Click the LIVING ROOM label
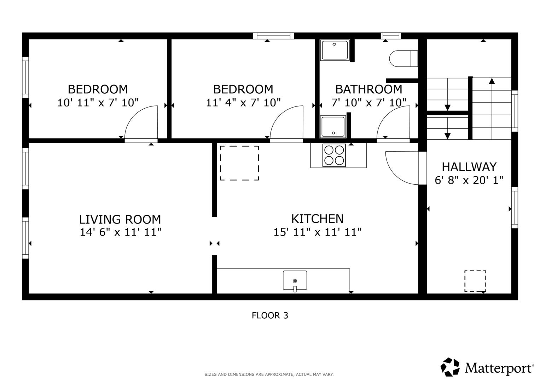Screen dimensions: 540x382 pyautogui.click(x=120, y=219)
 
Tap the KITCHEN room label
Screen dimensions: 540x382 pyautogui.click(x=317, y=219)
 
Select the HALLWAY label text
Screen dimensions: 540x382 pyautogui.click(x=469, y=167)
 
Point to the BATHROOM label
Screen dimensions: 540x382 pyautogui.click(x=368, y=89)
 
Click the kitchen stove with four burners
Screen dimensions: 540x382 pyautogui.click(x=334, y=155)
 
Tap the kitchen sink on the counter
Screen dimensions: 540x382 pyautogui.click(x=295, y=280)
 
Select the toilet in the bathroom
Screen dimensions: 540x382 pyautogui.click(x=403, y=59)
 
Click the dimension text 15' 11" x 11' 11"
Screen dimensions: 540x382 pyautogui.click(x=317, y=232)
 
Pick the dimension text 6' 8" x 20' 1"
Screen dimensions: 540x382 pyautogui.click(x=469, y=180)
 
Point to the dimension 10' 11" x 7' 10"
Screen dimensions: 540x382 pyautogui.click(x=98, y=103)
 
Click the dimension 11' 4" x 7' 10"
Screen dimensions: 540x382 pyautogui.click(x=243, y=103)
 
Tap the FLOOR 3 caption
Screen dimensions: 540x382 pyautogui.click(x=270, y=316)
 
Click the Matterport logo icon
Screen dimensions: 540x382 pyautogui.click(x=450, y=367)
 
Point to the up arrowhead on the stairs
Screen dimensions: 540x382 pyautogui.click(x=492, y=81)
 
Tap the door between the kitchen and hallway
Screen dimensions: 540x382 pyautogui.click(x=422, y=168)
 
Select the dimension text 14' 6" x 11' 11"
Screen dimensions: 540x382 pyautogui.click(x=120, y=232)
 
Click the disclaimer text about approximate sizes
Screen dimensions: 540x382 pyautogui.click(x=269, y=375)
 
